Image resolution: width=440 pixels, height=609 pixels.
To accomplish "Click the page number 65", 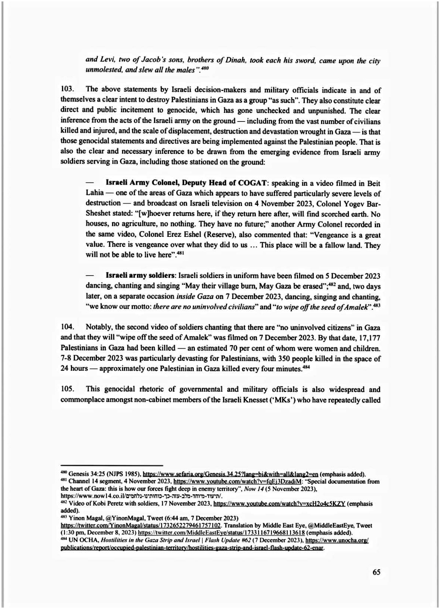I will pos(376,572).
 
